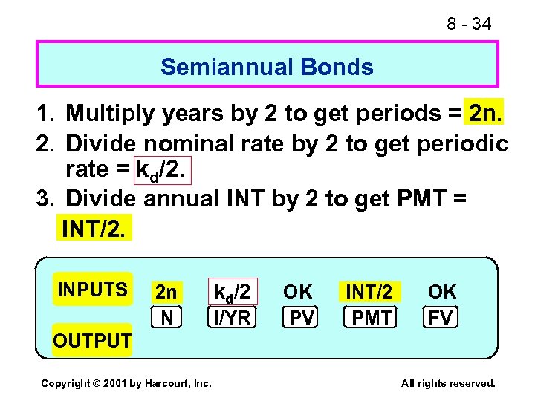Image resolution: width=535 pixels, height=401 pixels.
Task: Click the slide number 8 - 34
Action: [468, 24]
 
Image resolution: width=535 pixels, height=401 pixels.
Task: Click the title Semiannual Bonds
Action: [267, 67]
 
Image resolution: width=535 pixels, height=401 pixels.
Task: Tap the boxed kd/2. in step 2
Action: [161, 169]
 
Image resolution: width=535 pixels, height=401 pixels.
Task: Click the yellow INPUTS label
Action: [92, 289]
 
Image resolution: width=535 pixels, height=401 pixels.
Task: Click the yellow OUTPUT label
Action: [92, 341]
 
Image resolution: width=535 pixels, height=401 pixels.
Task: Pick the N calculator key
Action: [167, 318]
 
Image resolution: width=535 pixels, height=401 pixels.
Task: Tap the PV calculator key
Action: [301, 318]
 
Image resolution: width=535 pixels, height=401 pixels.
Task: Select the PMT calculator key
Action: [371, 318]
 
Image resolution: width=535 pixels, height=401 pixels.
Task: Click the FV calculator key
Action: [441, 318]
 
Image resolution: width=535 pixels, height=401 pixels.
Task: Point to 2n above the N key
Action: [166, 292]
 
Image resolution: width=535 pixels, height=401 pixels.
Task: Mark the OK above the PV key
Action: [299, 291]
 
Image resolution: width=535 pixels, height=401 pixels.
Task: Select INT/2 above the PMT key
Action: [369, 292]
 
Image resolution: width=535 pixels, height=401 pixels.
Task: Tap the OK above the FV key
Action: [442, 291]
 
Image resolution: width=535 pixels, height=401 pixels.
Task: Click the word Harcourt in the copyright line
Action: [166, 383]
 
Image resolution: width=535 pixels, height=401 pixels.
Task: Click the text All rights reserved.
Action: [447, 383]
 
